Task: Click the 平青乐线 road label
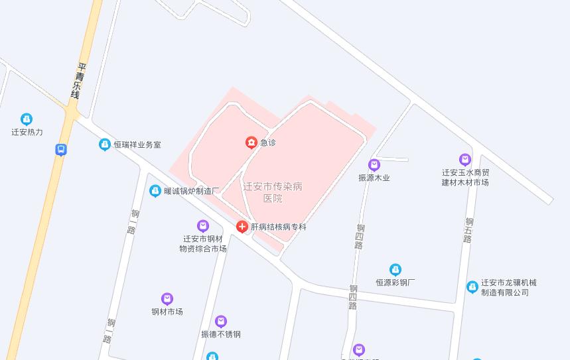click(x=79, y=81)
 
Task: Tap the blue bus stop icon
click(x=60, y=150)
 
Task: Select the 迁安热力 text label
click(x=27, y=132)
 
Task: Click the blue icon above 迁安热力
click(x=27, y=119)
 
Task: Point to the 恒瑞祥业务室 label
click(x=137, y=145)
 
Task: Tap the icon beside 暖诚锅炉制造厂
click(x=155, y=191)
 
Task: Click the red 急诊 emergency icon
click(x=251, y=142)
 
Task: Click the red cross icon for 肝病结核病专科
click(x=242, y=227)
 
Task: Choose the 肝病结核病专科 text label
click(x=279, y=227)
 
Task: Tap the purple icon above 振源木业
click(x=374, y=165)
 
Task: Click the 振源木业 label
click(x=374, y=178)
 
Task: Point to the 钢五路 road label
click(x=469, y=230)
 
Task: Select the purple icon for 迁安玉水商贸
click(x=465, y=160)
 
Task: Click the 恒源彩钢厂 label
click(x=395, y=282)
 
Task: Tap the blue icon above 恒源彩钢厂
click(x=395, y=270)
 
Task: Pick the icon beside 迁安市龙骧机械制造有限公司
click(x=472, y=287)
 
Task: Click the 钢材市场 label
click(x=167, y=312)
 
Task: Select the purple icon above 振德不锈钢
click(x=221, y=322)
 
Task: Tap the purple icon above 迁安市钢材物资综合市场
click(x=203, y=227)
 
